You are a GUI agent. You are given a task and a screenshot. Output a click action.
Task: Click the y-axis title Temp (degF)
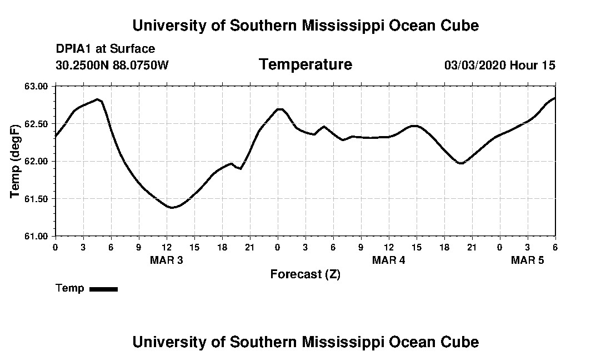(x=16, y=161)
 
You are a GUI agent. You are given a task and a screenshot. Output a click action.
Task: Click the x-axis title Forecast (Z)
(x=305, y=274)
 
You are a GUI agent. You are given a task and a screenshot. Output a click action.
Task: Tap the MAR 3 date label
(x=166, y=260)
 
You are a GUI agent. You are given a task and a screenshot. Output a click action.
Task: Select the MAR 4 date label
(x=388, y=260)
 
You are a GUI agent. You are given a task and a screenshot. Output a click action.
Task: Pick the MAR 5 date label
(x=527, y=260)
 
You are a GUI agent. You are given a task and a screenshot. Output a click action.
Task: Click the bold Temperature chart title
(x=305, y=64)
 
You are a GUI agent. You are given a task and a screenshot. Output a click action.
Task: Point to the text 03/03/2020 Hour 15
(x=499, y=66)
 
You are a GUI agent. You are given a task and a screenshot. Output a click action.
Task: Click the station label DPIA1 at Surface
(x=106, y=49)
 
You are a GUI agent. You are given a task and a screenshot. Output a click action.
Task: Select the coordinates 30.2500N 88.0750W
(x=112, y=65)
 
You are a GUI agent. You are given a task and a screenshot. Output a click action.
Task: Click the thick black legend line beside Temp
(x=104, y=289)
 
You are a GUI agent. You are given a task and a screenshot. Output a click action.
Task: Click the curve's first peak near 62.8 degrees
(x=97, y=99)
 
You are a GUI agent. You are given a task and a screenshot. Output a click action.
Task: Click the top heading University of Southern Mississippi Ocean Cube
(x=305, y=26)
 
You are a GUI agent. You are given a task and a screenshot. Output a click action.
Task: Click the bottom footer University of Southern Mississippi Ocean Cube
(x=305, y=342)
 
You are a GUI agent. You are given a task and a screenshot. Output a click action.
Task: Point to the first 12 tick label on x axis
(x=166, y=247)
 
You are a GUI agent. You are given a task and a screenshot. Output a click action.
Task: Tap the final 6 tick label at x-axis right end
(x=555, y=247)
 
